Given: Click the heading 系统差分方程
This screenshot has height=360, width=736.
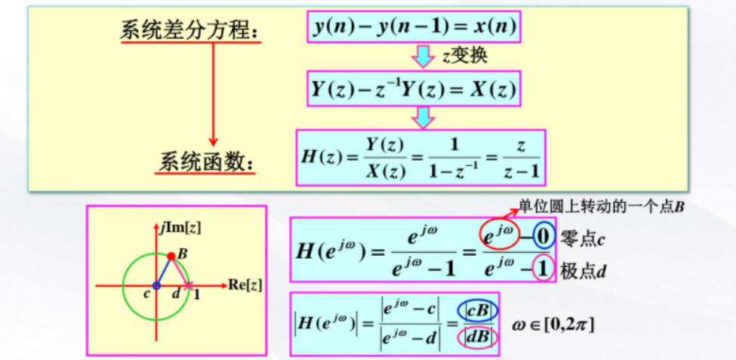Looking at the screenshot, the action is pos(189,32).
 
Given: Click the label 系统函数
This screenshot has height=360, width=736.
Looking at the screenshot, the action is pos(206,162).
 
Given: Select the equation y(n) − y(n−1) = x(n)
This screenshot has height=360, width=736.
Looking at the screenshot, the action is pos(414,28).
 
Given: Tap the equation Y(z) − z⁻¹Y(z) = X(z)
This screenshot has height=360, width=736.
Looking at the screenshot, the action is pos(414,89).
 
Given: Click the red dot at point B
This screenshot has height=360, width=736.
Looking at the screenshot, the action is pos(171,257).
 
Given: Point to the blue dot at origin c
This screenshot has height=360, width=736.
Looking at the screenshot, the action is pos(156,285).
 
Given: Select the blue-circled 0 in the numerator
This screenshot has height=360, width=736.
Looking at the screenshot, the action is pos(544,238).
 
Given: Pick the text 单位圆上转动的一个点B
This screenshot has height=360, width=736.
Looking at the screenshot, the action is pos(601,205).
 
